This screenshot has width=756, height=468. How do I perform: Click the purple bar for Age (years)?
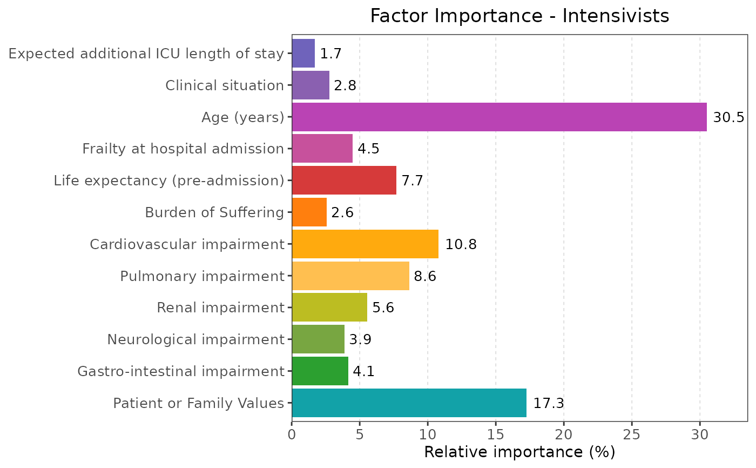point(499,117)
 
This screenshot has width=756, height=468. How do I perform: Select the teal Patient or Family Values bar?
point(409,403)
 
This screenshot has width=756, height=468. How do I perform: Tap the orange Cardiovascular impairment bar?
point(365,244)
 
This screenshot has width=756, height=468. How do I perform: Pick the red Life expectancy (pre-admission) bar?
point(344,180)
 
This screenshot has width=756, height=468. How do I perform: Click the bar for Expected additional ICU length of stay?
point(303,54)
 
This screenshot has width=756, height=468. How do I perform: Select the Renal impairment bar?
point(329,307)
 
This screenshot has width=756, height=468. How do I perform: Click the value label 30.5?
point(728,117)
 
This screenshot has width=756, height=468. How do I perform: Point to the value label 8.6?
point(424,276)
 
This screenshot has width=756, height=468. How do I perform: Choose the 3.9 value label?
point(360,340)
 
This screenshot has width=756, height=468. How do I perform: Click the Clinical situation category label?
point(225,85)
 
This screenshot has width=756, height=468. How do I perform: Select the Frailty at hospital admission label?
point(183,149)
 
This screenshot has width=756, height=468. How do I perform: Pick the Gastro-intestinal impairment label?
point(181,371)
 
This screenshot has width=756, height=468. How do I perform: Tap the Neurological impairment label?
point(195,339)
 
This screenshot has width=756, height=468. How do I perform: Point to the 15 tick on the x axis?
point(496,434)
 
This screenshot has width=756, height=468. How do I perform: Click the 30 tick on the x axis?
point(700,434)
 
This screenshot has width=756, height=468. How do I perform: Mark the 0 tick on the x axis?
point(292,434)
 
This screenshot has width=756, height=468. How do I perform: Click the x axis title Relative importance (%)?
point(519,452)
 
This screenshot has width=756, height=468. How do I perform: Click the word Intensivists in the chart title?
point(616,16)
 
